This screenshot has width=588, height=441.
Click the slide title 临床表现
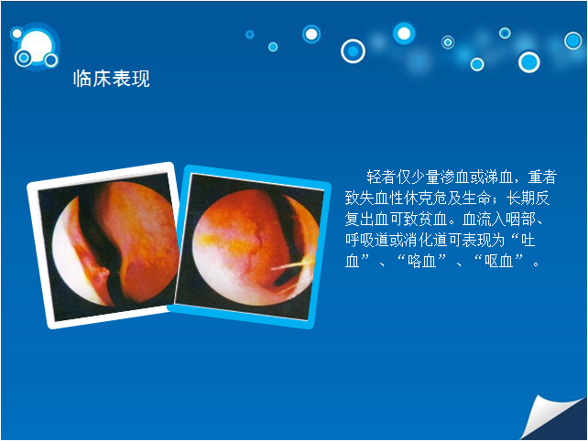112,79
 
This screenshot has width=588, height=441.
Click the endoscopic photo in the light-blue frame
249,246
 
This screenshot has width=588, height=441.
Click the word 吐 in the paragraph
528,240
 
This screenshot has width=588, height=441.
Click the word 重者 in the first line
542,177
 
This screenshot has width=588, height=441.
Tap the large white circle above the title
37,45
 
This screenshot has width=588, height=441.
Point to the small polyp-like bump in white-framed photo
102,274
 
